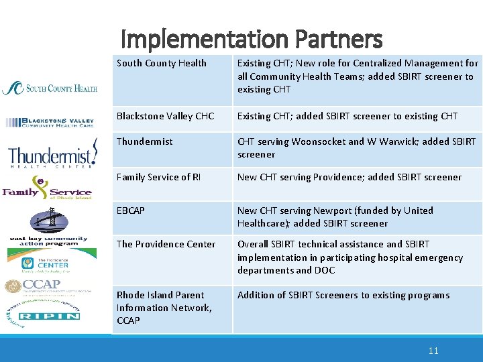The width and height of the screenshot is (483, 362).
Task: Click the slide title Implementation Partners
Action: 252,40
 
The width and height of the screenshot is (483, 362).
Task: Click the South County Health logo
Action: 50,88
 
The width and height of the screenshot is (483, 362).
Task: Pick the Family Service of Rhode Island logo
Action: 47,188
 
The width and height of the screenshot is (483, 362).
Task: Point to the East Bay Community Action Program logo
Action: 48,227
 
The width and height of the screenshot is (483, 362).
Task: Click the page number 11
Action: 433,351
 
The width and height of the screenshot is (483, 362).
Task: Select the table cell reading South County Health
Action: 162,64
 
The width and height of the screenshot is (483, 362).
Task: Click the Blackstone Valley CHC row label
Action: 165,116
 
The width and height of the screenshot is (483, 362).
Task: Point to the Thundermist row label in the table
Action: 144,141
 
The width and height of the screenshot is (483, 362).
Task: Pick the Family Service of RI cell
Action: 158,177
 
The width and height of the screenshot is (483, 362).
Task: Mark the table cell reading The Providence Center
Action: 166,244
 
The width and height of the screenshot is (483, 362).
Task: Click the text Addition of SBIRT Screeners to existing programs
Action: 343,295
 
